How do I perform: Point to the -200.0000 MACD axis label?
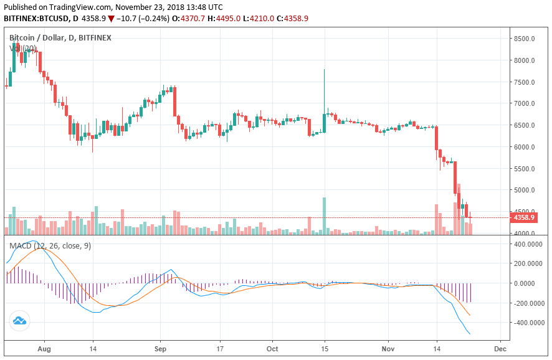[528, 303]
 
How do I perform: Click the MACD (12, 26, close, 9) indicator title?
[50, 246]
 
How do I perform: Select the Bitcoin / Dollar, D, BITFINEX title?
[60, 37]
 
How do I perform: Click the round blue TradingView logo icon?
[19, 321]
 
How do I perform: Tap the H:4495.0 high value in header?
[228, 19]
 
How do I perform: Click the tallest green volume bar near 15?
[325, 216]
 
